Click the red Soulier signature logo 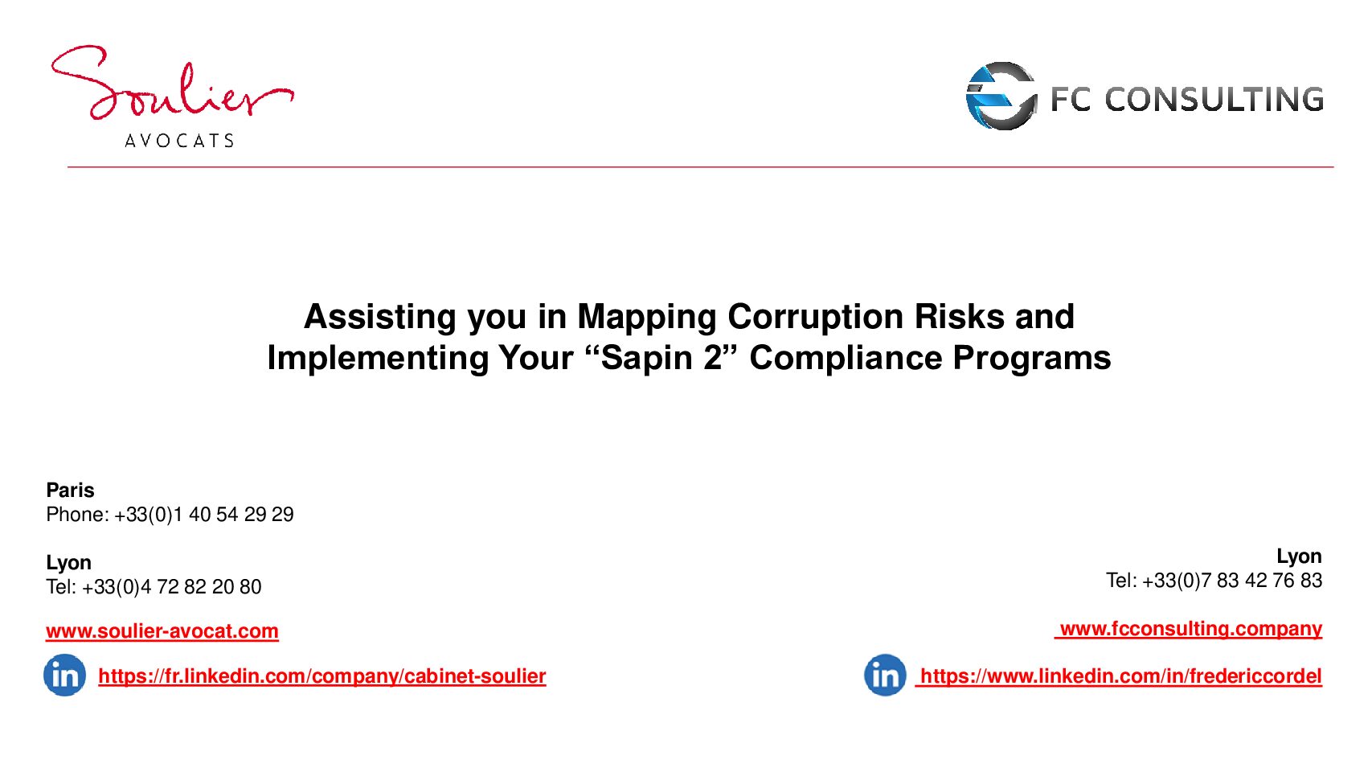(173, 83)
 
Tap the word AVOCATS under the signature (179, 141)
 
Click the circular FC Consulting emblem (1001, 96)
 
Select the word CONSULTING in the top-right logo (1214, 100)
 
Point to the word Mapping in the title (646, 317)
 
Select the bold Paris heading (71, 491)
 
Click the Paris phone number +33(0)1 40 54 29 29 (204, 515)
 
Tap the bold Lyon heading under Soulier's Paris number (68, 562)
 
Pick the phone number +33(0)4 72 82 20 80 (171, 587)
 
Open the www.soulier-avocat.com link (162, 631)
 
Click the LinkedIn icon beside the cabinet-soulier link (64, 675)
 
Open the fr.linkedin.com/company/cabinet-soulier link (322, 675)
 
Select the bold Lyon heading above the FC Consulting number (1299, 556)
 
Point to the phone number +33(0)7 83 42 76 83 (1232, 581)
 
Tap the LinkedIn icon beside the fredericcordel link (885, 675)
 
